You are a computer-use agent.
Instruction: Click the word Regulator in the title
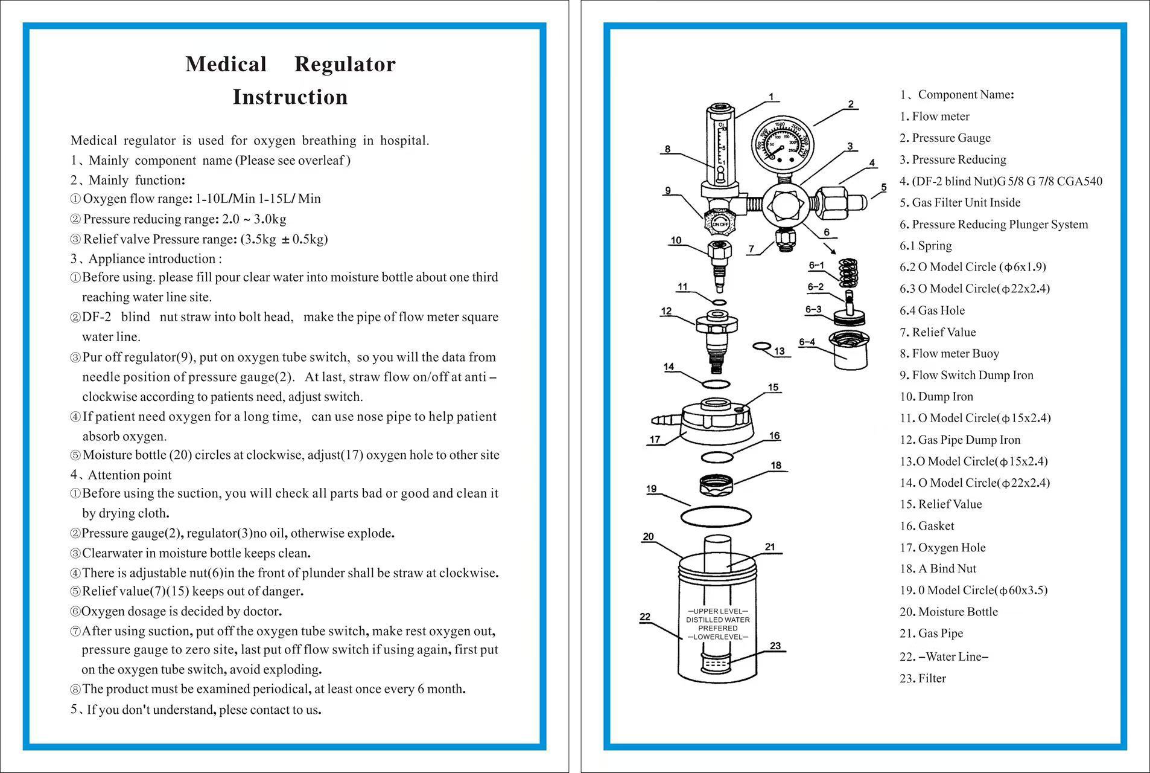345,64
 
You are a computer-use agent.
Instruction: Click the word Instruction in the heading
290,97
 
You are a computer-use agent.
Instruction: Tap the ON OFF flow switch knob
720,223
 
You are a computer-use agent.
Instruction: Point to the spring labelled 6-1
848,272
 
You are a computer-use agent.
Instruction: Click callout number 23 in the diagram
775,646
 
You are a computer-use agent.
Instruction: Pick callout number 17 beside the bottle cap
655,440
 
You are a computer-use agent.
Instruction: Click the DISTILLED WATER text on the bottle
718,620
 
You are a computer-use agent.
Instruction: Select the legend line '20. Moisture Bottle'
948,612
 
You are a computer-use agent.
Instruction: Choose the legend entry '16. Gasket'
927,526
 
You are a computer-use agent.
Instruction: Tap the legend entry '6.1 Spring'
926,246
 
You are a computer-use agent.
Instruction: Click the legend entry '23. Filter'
923,678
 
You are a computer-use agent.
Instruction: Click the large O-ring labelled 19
716,516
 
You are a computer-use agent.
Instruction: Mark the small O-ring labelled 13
762,346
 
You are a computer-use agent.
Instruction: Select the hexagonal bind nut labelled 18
716,484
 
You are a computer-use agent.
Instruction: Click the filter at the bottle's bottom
717,663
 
